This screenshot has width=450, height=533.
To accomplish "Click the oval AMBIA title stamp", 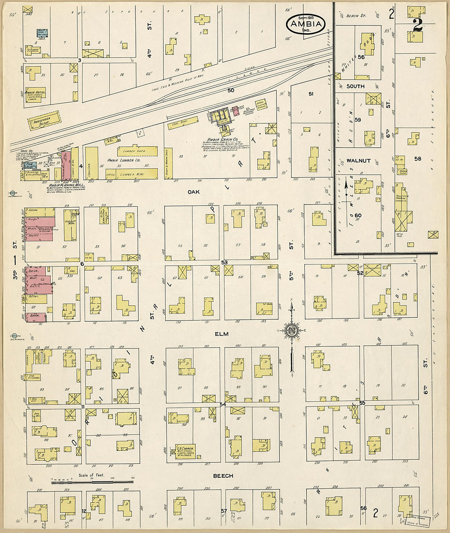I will pos(306,25).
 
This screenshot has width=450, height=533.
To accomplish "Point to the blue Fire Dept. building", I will pos(30,166).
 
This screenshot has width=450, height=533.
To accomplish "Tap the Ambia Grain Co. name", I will pos(219,140).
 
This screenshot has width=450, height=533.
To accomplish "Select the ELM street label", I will pos(222,334).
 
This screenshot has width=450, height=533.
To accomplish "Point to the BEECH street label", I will pos(223,476).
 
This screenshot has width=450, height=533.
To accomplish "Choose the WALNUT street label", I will pos(358,161).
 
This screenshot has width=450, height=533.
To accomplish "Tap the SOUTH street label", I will pos(355,86).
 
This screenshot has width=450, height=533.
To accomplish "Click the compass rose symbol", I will pos(291,331).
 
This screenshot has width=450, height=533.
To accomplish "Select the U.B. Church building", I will pos(185,451).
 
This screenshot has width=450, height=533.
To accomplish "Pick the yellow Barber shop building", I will pos(36,299).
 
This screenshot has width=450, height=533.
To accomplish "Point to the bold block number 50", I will pos(231,90).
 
